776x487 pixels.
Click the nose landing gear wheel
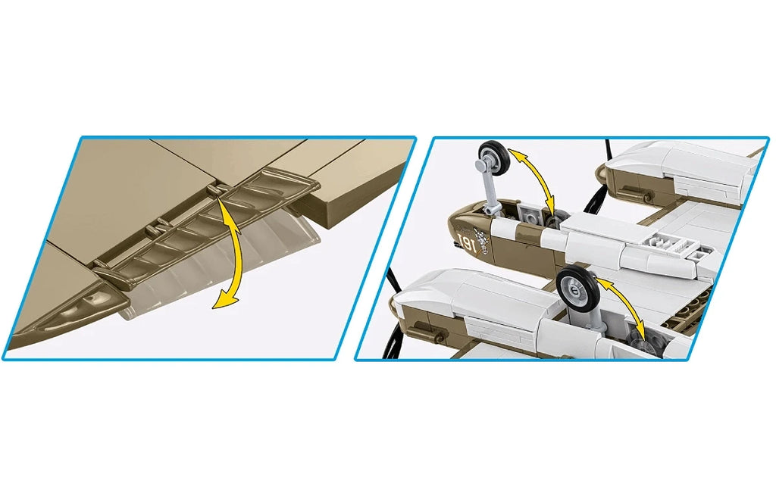pyautogui.click(x=493, y=156)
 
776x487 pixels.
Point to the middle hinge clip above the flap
pyautogui.click(x=159, y=229)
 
